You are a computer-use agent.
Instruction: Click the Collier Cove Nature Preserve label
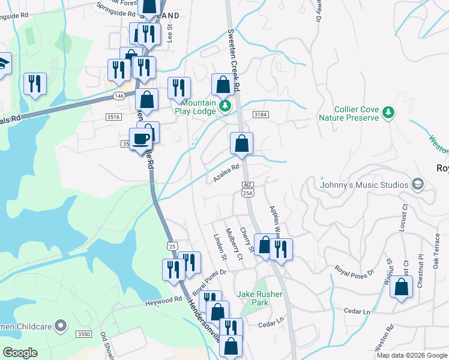click(357, 113)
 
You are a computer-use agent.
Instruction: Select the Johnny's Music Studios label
click(364, 184)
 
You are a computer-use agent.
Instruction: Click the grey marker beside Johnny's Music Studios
click(419, 184)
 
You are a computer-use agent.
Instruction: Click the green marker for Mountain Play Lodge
click(225, 106)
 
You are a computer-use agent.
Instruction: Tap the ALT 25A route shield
click(249, 189)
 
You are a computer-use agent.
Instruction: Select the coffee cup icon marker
click(141, 139)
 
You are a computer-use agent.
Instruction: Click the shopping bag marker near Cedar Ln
click(401, 287)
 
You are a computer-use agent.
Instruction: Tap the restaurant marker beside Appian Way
click(281, 248)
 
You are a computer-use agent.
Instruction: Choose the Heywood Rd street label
click(163, 300)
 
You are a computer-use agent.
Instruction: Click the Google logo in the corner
click(20, 353)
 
